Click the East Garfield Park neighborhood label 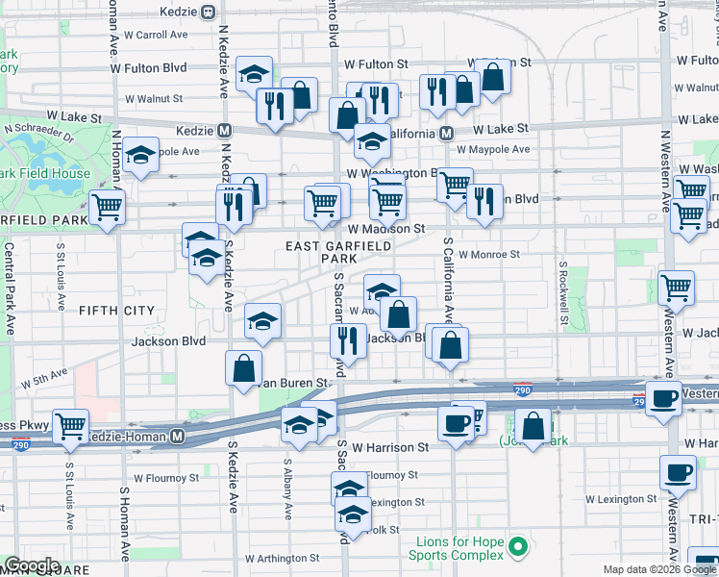tap(338, 253)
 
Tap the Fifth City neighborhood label tap(116, 310)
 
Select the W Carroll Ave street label tap(155, 35)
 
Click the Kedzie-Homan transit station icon tap(177, 437)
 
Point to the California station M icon tap(447, 134)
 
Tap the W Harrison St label tap(389, 447)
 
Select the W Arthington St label tap(282, 558)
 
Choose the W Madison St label tap(386, 229)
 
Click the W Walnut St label tap(154, 98)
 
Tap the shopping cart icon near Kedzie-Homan tap(70, 425)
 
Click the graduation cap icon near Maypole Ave tap(141, 155)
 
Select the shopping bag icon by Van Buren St tap(244, 366)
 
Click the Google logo tap(32, 564)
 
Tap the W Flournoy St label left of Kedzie tap(166, 477)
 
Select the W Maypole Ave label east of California tap(493, 150)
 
